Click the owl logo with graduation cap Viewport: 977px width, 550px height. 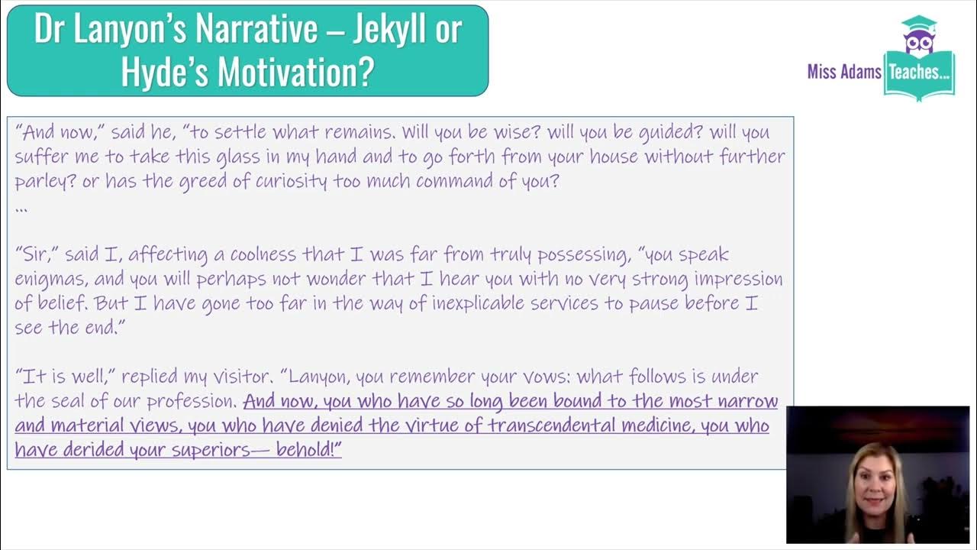pos(918,37)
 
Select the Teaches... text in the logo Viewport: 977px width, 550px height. pos(919,73)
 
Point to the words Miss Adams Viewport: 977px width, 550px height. pos(844,73)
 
